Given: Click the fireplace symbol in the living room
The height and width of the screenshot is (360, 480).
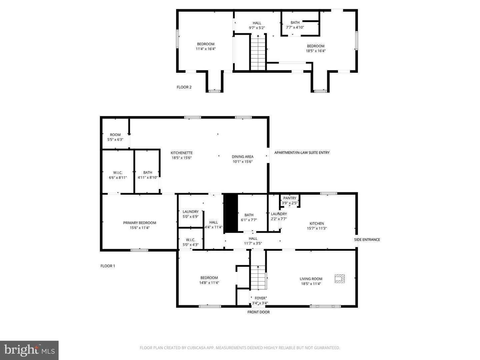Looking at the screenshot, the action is pos(340,279).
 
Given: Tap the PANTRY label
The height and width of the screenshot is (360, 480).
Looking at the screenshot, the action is pos(290,198).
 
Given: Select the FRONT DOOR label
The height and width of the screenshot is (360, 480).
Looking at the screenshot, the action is pos(258,312).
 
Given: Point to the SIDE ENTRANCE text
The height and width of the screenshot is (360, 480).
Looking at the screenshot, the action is pos(367,240).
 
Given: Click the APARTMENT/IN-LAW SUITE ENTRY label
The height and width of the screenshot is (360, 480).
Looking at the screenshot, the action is pos(302,153).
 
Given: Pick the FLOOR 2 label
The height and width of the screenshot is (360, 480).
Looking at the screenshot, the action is pos(184,87).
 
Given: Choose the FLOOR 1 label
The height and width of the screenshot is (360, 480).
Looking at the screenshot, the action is pos(108,266).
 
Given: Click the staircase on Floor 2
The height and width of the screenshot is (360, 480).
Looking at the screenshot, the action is pos(258,52).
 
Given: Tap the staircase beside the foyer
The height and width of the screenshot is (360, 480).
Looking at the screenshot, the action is pos(258,278).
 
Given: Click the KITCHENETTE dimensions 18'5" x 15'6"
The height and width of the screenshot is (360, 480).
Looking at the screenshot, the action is pos(182,158).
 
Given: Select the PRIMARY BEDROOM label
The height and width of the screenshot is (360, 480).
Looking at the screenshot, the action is pos(140,223).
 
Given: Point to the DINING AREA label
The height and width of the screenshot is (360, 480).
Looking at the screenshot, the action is pos(243,157).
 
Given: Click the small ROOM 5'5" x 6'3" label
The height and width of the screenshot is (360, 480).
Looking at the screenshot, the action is pos(115,137).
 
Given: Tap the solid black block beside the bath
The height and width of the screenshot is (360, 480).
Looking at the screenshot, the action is pos(231,213).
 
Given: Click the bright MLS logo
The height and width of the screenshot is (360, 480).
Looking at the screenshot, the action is pos(29,350).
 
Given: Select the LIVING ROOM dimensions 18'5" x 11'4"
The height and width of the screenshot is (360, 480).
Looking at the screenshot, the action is pos(311,284).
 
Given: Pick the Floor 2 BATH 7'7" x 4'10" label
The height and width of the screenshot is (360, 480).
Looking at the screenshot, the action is pos(295,25).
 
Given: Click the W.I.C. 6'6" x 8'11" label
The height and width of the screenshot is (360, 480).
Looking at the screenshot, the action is pos(118,175).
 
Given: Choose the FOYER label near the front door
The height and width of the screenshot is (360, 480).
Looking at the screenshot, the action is pos(260,298).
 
